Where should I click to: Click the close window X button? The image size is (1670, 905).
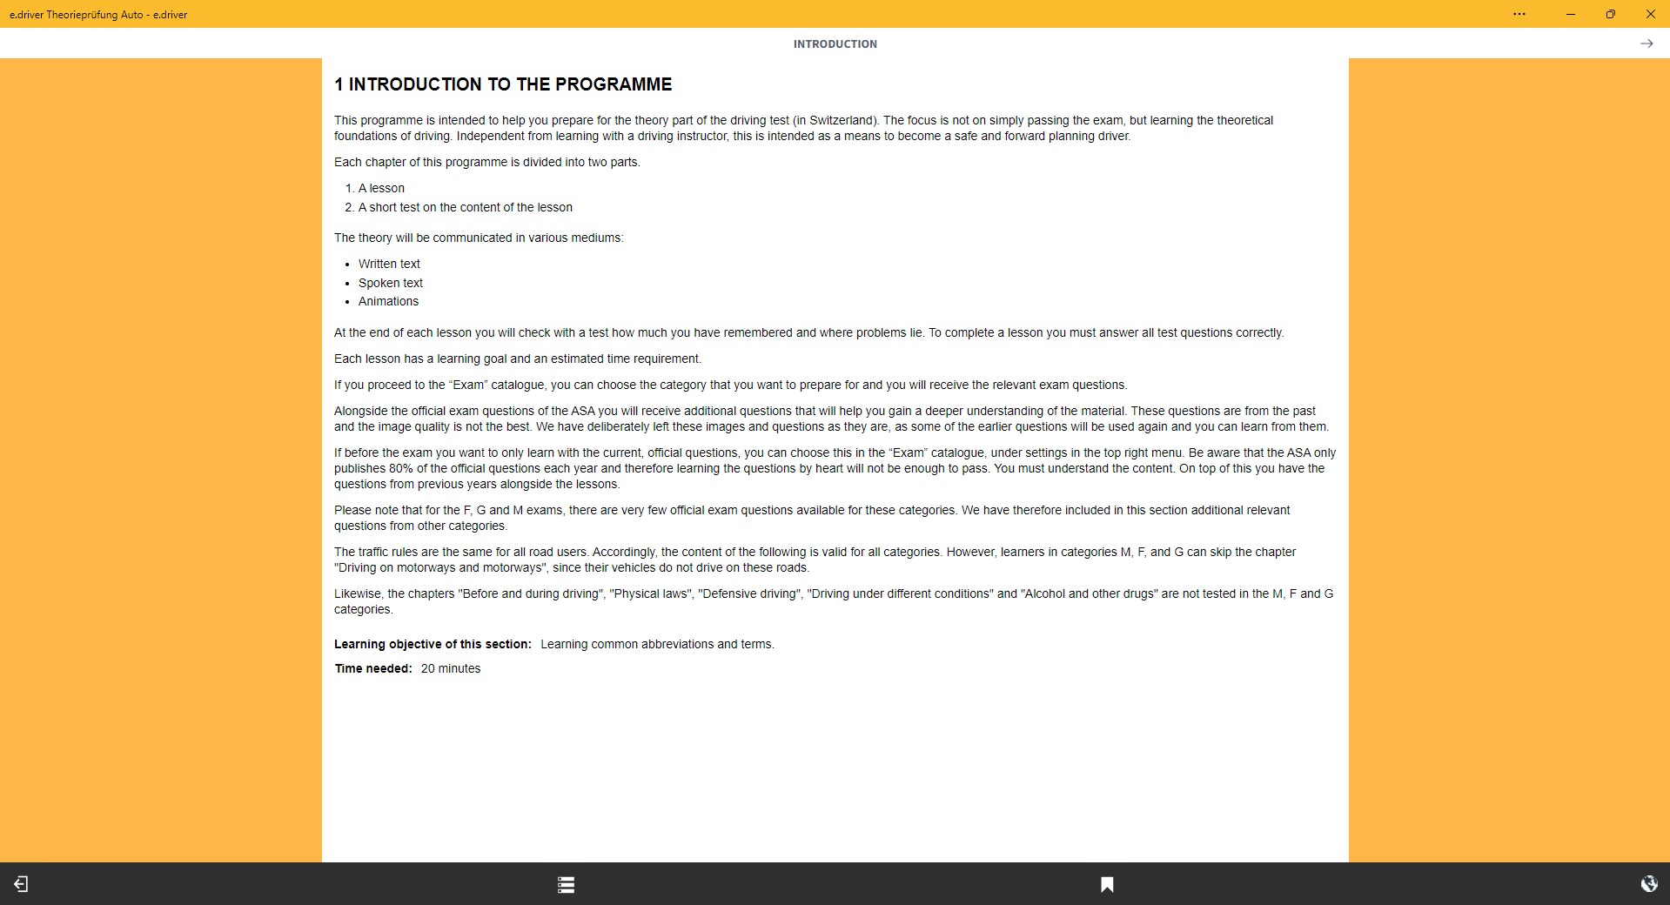1650,14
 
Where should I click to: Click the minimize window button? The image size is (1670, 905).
1571,14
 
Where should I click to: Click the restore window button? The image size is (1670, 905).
1611,14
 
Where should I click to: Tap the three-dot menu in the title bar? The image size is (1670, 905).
1519,14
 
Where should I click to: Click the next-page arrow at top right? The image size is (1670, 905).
1647,44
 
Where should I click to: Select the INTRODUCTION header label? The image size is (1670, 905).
835,44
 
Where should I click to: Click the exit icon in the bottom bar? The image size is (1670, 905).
21,884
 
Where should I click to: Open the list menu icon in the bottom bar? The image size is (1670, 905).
566,884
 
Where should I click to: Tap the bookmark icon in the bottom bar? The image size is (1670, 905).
1107,884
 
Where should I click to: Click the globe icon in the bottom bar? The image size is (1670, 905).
1648,884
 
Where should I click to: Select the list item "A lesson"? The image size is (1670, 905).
381,188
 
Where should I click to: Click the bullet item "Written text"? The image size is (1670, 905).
389,264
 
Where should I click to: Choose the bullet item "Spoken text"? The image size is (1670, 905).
390,283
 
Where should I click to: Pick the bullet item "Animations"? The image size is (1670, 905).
388,301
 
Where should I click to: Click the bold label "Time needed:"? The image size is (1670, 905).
373,668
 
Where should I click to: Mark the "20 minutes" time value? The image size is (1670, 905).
451,668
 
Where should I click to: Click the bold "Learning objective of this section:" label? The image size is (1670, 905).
433,644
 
